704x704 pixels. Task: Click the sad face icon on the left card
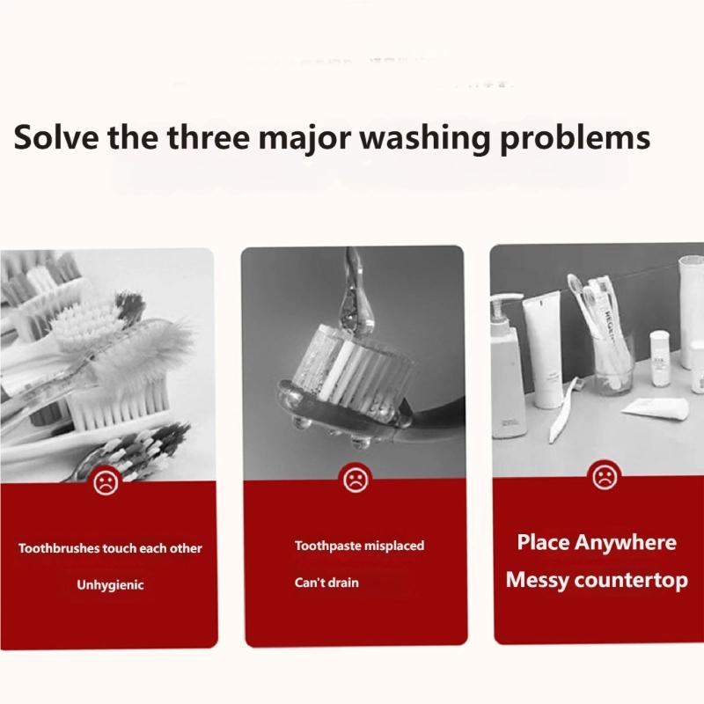pyautogui.click(x=106, y=481)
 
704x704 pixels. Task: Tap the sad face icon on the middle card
pyautogui.click(x=354, y=480)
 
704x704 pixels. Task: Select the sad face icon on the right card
pyautogui.click(x=603, y=477)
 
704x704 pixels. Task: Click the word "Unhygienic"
pyautogui.click(x=110, y=584)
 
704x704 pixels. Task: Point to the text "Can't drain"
pyautogui.click(x=326, y=583)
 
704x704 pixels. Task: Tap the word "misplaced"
pyautogui.click(x=392, y=546)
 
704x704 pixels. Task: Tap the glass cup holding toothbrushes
pyautogui.click(x=614, y=370)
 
